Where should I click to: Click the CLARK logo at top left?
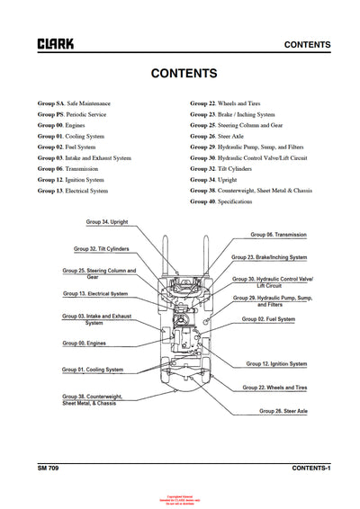click(x=56, y=43)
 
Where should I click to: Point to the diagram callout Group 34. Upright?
click(x=107, y=221)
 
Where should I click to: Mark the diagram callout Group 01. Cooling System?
click(x=93, y=370)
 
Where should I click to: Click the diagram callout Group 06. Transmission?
click(x=278, y=234)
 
